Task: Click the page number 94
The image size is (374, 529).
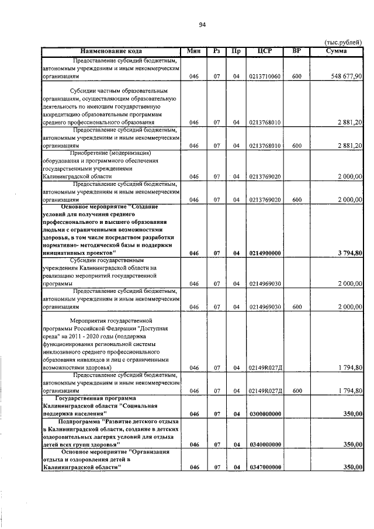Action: pos(202,25)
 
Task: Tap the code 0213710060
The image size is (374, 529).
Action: pos(265,77)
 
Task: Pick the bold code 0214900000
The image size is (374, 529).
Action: pos(265,253)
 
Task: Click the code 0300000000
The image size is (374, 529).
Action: pos(265,414)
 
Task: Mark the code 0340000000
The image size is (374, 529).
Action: pos(265,445)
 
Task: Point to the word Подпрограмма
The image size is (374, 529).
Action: pos(79,421)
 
